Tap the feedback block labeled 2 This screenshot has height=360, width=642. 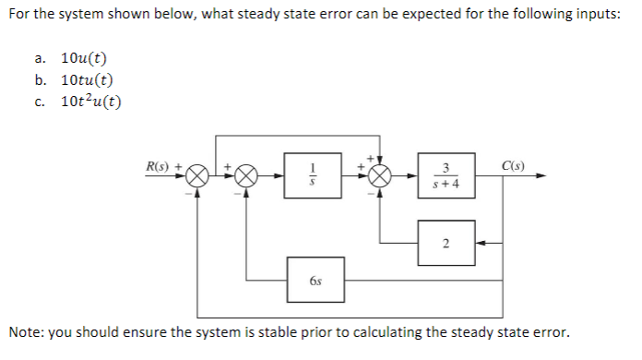tap(446, 243)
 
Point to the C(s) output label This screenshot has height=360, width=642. tap(515, 166)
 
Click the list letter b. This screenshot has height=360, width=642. tap(42, 80)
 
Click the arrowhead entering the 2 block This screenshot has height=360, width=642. tap(481, 243)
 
